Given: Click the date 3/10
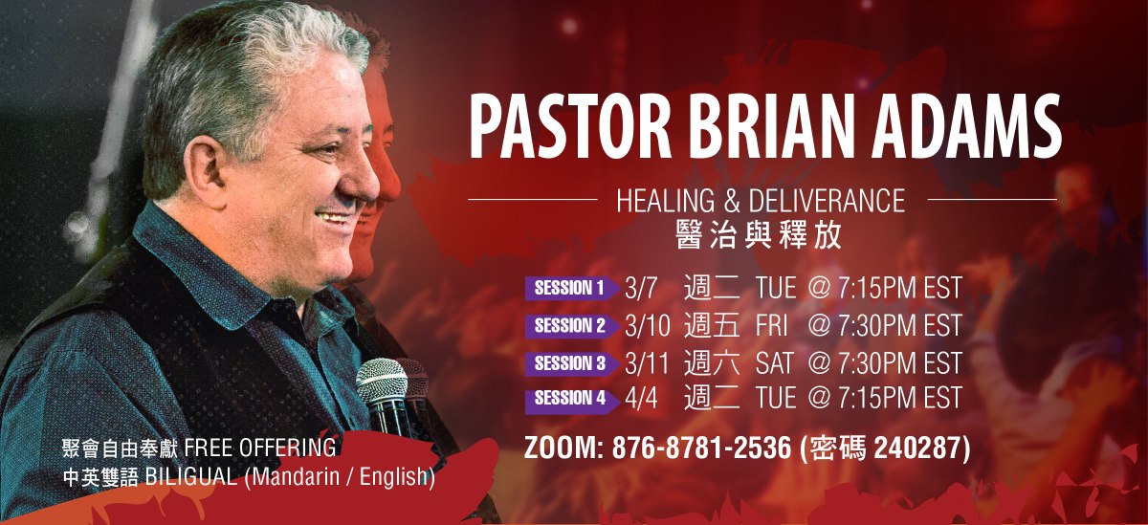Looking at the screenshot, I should [x=647, y=325].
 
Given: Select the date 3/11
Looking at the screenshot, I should [x=647, y=362].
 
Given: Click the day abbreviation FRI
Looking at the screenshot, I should [x=771, y=325].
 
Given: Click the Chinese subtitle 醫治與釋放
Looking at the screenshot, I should [x=759, y=235].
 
